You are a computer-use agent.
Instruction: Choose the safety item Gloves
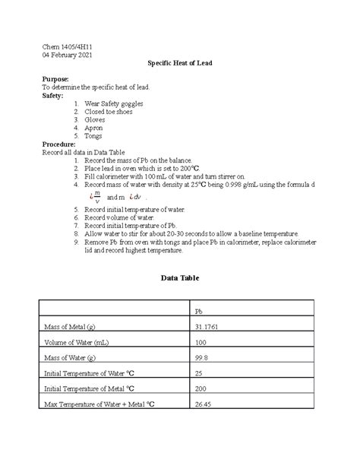tap(96, 119)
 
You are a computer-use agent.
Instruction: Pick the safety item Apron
tap(94, 128)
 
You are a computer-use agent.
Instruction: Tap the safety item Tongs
tap(95, 136)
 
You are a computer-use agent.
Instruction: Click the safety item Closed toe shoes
tap(109, 112)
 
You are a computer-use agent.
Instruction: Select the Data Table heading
tap(179, 279)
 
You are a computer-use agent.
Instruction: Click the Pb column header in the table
tap(199, 312)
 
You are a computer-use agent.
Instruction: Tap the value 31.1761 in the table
tap(210, 327)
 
